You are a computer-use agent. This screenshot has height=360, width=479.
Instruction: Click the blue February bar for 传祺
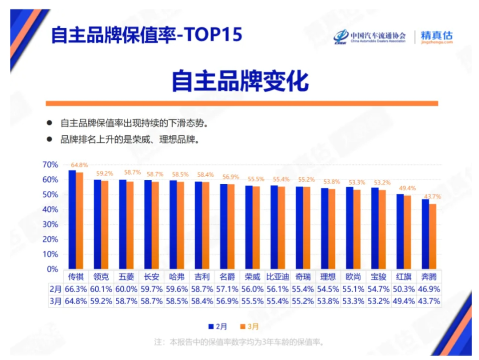(72, 220)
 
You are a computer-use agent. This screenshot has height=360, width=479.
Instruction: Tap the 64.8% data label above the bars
(79, 165)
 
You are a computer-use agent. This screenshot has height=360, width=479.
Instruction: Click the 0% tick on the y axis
(52, 269)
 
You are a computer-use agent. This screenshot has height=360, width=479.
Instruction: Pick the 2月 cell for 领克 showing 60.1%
(101, 289)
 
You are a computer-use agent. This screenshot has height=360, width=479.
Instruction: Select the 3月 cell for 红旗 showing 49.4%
(404, 301)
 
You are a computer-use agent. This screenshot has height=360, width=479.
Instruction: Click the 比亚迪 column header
(277, 276)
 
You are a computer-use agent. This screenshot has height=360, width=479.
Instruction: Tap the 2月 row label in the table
(55, 289)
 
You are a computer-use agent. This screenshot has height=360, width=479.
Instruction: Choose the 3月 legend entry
(249, 327)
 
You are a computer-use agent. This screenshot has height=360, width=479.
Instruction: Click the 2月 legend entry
(218, 327)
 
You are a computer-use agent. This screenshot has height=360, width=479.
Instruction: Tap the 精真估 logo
(436, 36)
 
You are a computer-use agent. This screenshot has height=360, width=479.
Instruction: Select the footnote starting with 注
(239, 343)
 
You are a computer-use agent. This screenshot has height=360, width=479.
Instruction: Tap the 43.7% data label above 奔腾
(432, 197)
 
